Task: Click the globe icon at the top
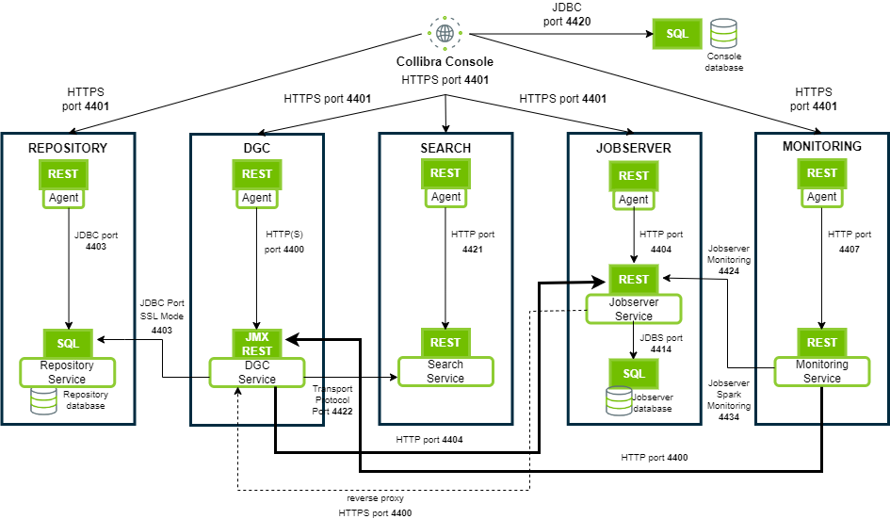[445, 33]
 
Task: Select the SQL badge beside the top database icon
[677, 34]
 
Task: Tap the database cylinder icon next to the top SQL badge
[723, 34]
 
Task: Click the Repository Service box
[68, 372]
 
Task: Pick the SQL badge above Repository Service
[68, 344]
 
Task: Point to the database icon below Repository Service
[43, 401]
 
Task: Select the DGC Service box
[257, 372]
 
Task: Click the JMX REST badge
[257, 344]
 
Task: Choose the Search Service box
[445, 371]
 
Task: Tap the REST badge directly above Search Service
[445, 343]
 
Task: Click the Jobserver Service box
[634, 309]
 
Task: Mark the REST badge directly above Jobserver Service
[634, 280]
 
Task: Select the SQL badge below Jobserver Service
[634, 374]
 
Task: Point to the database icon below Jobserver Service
[619, 401]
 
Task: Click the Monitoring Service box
[822, 371]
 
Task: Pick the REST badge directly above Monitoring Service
[822, 343]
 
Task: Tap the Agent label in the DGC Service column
[257, 198]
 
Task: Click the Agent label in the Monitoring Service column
[822, 197]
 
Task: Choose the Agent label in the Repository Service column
[64, 198]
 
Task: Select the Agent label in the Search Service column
[445, 197]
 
